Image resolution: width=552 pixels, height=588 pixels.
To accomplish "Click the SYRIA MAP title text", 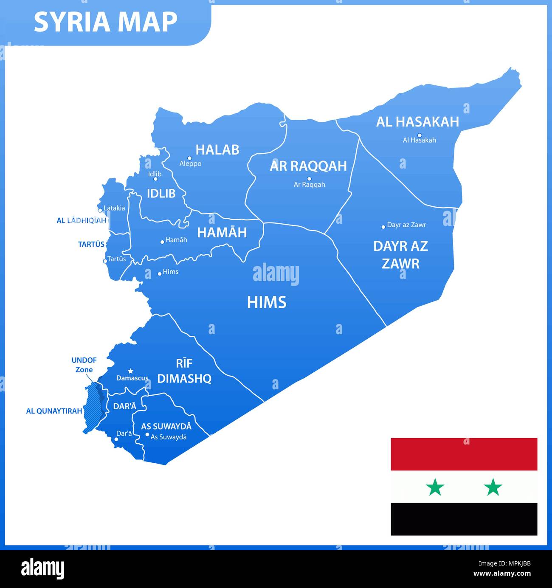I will pyautogui.click(x=105, y=22).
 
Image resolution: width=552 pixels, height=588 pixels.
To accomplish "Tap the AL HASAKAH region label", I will pyautogui.click(x=417, y=122).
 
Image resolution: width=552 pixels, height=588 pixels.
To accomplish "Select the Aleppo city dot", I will pyautogui.click(x=189, y=158).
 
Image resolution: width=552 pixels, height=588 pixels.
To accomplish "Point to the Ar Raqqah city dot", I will pyautogui.click(x=309, y=179).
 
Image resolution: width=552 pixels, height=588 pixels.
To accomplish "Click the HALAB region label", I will pyautogui.click(x=217, y=149).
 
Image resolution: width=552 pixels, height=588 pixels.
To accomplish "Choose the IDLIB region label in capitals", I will pyautogui.click(x=161, y=194).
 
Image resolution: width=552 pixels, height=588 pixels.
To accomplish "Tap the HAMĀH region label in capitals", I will pyautogui.click(x=222, y=232).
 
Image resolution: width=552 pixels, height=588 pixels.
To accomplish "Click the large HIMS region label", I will pyautogui.click(x=267, y=302).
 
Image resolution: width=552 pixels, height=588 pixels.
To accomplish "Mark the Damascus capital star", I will pyautogui.click(x=131, y=371).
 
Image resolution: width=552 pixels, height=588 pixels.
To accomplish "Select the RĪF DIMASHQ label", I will pyautogui.click(x=184, y=371).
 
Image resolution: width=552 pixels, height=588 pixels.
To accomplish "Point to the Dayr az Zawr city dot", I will pyautogui.click(x=383, y=227).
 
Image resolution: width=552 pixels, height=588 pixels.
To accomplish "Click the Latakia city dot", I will pyautogui.click(x=100, y=210).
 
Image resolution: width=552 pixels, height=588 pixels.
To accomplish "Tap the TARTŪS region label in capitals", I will pyautogui.click(x=91, y=244).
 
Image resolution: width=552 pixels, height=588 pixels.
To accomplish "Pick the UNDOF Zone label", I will pyautogui.click(x=84, y=365).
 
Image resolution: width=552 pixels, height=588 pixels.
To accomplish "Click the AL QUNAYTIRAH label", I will pyautogui.click(x=54, y=411).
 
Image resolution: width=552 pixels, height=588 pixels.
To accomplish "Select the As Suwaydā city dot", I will pyautogui.click(x=147, y=434).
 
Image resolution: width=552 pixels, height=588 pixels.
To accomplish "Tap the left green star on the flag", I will pyautogui.click(x=435, y=487).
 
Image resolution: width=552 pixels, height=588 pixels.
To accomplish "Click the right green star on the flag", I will pyautogui.click(x=493, y=487).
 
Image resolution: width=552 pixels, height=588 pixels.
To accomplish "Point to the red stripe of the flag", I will pyautogui.click(x=464, y=454).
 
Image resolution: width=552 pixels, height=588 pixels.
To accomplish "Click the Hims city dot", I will pyautogui.click(x=159, y=273).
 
